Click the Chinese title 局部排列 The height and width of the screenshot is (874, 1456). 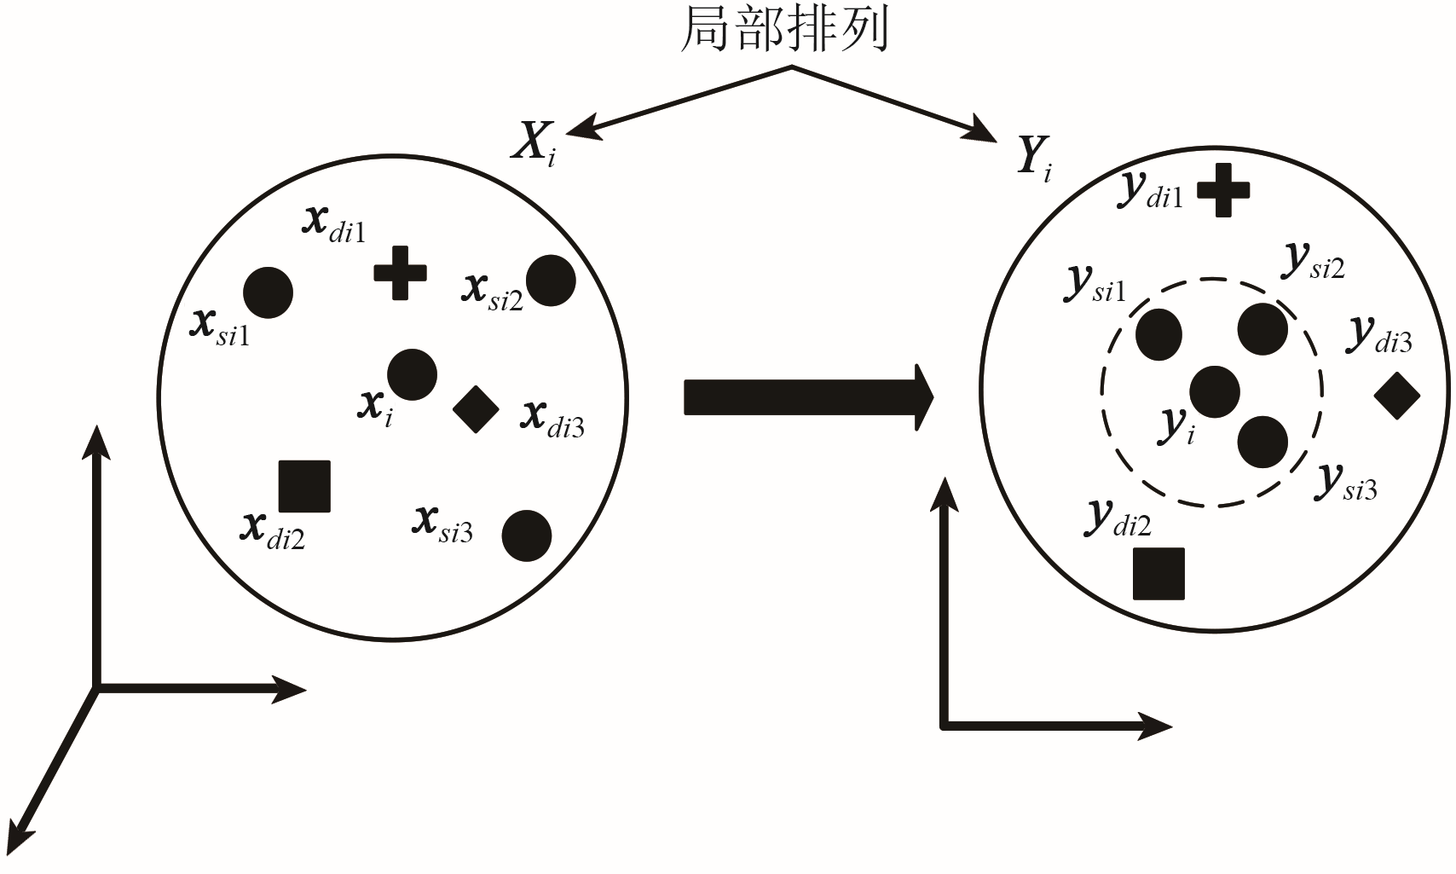784,30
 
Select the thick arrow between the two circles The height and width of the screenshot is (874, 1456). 809,397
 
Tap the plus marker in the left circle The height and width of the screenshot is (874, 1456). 401,273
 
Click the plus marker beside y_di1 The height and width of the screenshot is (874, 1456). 1223,190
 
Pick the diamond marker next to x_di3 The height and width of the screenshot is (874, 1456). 476,409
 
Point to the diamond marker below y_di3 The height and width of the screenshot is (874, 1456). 1397,396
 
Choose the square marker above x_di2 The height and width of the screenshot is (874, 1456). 304,486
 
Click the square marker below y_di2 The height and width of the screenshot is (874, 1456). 1159,574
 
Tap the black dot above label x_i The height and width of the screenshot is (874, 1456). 412,374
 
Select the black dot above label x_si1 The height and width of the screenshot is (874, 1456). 268,292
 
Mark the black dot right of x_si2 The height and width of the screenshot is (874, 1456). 552,281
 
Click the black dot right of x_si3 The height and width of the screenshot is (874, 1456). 527,535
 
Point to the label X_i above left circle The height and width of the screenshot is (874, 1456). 534,144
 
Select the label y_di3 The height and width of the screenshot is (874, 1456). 1378,335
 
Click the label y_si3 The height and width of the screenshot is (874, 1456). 1345,483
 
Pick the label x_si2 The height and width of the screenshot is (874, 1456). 492,292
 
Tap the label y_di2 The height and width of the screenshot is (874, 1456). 1118,518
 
